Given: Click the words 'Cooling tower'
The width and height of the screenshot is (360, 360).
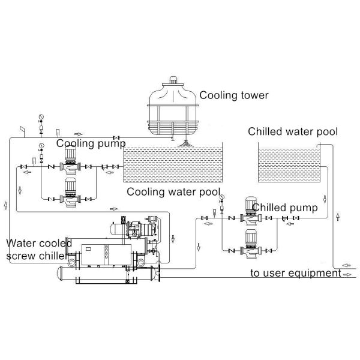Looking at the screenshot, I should point(233,95).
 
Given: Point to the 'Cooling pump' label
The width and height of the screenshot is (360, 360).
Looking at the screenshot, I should point(91,143).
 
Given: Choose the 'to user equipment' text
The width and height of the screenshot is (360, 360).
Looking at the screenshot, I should point(295,274).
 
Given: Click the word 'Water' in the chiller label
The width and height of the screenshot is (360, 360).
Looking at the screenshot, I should point(22,243).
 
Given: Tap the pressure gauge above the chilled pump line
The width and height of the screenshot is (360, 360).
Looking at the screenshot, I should point(221,197).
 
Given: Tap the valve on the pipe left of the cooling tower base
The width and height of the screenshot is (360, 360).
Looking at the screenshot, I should point(118,138).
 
